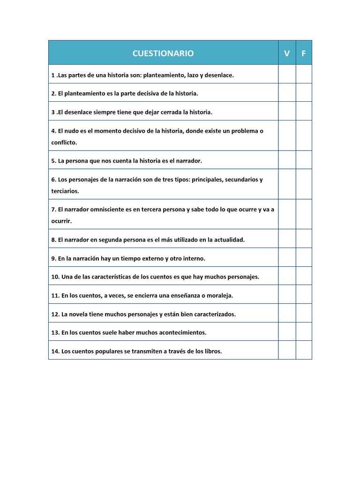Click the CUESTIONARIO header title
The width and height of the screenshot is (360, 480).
163,53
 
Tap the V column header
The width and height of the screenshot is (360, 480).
287,53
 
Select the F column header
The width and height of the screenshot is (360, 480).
304,53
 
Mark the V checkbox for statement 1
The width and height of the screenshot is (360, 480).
287,74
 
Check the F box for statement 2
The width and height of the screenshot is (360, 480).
304,93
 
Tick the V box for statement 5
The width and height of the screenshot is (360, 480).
287,160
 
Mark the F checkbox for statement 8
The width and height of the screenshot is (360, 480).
304,239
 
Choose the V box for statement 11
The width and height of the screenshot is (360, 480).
287,294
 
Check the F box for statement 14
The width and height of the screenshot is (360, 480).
304,350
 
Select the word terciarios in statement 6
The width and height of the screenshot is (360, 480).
65,191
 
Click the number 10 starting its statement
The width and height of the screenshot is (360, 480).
55,277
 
